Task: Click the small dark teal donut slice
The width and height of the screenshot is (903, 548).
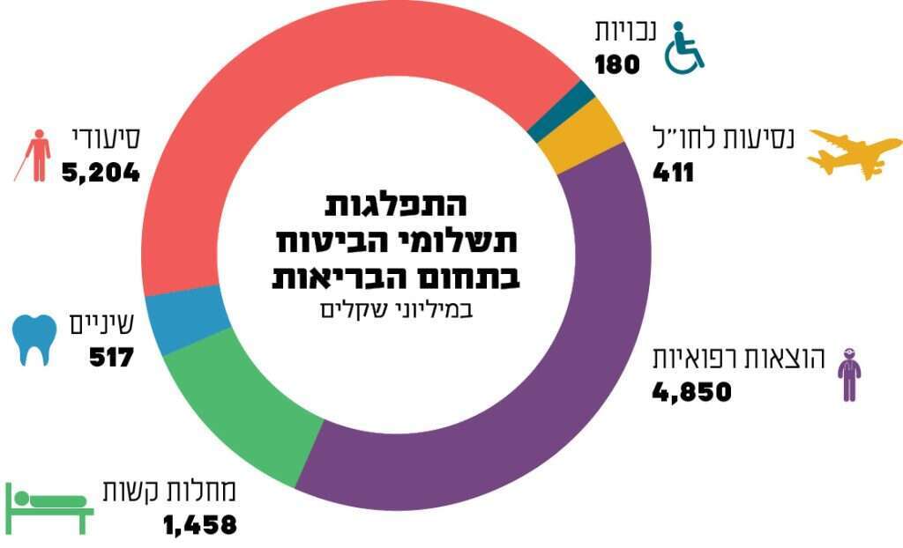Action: [x=560, y=100]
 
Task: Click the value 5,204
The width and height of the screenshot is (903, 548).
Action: [x=101, y=172]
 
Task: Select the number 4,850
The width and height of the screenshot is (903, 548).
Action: [x=692, y=391]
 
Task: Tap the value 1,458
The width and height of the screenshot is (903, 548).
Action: [x=199, y=525]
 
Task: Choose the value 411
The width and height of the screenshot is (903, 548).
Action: [x=673, y=172]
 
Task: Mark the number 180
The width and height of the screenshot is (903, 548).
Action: [x=616, y=64]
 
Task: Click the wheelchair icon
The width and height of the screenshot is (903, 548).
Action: [x=683, y=48]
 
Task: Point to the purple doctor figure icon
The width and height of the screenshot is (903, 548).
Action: [x=847, y=374]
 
